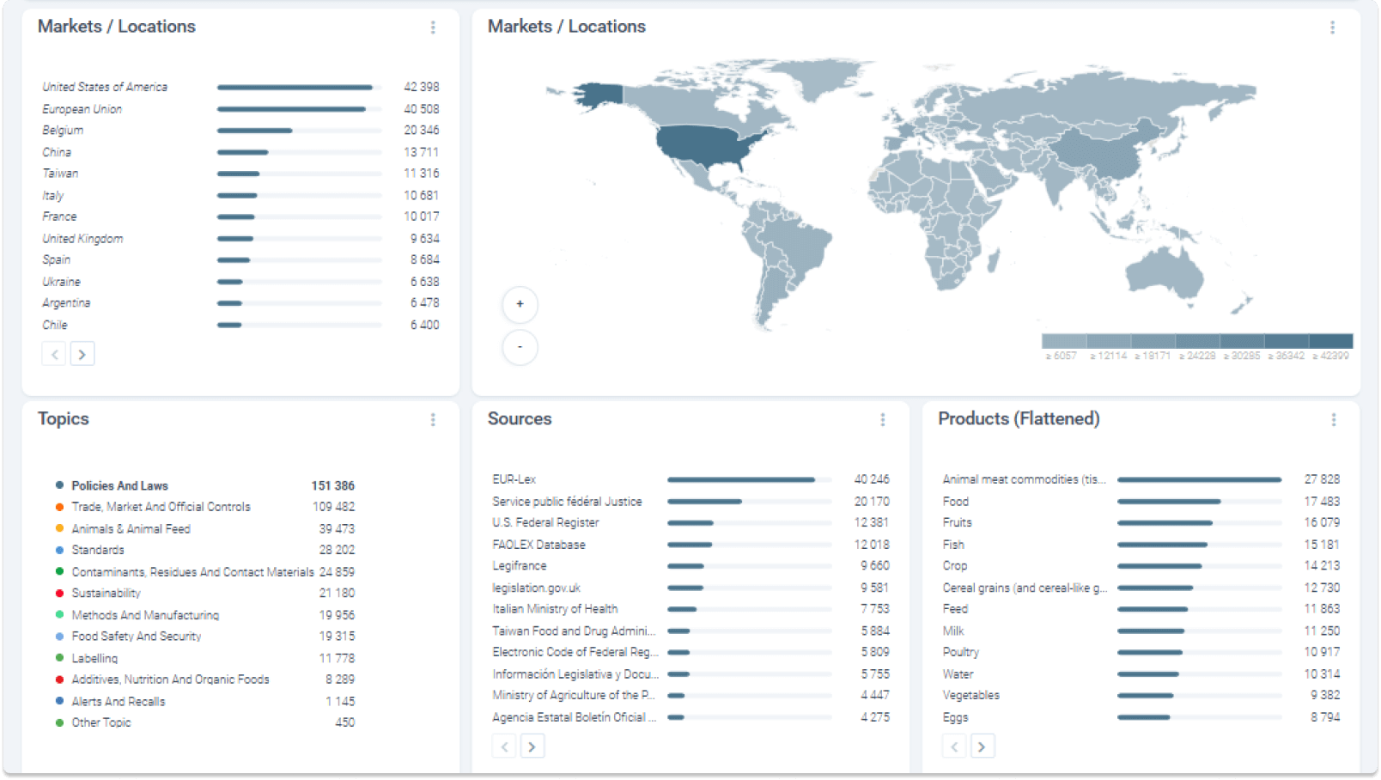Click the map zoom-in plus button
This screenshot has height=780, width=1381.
pos(520,304)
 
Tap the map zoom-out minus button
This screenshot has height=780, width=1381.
pos(520,347)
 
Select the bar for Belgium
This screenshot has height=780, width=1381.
pos(254,131)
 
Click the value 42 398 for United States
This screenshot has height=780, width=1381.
pos(421,87)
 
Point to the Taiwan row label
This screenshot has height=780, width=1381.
pos(60,174)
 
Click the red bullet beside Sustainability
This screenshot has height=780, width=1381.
pos(59,593)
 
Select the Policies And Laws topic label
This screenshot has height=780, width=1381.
pos(119,485)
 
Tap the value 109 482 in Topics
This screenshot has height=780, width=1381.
pos(333,507)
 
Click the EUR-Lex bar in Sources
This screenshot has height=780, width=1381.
pos(740,479)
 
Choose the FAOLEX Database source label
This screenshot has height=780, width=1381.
pos(538,545)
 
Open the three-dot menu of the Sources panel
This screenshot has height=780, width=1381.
pos(882,419)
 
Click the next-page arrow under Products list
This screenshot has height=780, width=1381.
pos(983,746)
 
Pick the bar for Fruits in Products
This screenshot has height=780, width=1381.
pos(1165,522)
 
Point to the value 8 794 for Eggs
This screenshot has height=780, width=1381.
pos(1324,716)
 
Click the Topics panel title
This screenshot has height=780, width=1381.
pos(64,418)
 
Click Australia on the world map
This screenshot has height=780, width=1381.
pos(1164,275)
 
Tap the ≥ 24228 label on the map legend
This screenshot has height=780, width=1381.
pos(1196,356)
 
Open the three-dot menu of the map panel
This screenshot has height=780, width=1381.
pos(1332,27)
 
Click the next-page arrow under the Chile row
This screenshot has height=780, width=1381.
pos(82,354)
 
